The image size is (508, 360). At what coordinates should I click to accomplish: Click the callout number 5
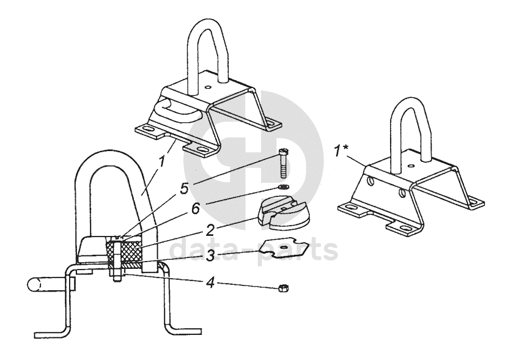(185, 188)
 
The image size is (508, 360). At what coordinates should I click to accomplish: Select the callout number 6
(196, 208)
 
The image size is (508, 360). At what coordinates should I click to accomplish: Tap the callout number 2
(210, 230)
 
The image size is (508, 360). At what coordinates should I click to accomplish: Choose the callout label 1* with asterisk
(341, 151)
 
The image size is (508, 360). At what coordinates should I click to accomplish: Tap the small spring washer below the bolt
(284, 186)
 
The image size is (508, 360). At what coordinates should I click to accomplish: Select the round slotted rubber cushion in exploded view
(284, 214)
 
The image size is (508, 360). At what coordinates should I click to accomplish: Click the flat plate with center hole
(284, 248)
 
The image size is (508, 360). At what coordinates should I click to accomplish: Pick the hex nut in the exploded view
(283, 288)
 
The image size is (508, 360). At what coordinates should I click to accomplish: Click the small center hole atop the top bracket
(208, 87)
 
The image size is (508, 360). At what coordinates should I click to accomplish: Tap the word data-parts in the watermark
(254, 251)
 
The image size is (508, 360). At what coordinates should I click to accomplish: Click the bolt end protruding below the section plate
(117, 276)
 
